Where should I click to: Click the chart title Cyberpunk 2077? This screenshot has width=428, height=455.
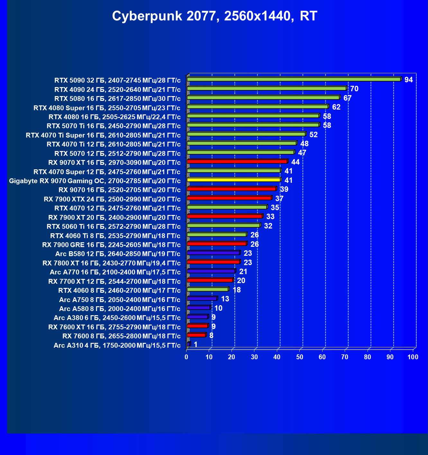214,16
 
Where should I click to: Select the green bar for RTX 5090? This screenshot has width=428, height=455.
294,79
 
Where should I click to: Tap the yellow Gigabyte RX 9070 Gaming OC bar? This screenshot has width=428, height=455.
234,180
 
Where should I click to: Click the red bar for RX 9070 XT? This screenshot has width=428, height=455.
237,162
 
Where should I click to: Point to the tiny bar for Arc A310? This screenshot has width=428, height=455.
188,344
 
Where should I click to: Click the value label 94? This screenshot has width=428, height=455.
408,80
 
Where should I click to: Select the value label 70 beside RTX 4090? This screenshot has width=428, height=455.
354,89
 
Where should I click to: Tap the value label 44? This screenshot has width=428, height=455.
295,162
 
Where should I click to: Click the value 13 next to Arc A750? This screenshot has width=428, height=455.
225,299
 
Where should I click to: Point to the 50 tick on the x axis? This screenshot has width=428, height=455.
299,357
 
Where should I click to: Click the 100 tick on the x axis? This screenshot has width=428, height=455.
413,357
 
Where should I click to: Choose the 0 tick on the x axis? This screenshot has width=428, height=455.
187,357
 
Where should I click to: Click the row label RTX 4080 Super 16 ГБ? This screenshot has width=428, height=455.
107,108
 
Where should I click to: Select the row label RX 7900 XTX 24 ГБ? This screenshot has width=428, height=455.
112,199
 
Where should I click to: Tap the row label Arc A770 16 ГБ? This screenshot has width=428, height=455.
115,272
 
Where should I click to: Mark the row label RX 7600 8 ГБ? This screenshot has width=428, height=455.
121,336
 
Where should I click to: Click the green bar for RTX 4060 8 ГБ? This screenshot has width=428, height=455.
207,290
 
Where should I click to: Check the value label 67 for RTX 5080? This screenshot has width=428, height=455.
347,98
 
